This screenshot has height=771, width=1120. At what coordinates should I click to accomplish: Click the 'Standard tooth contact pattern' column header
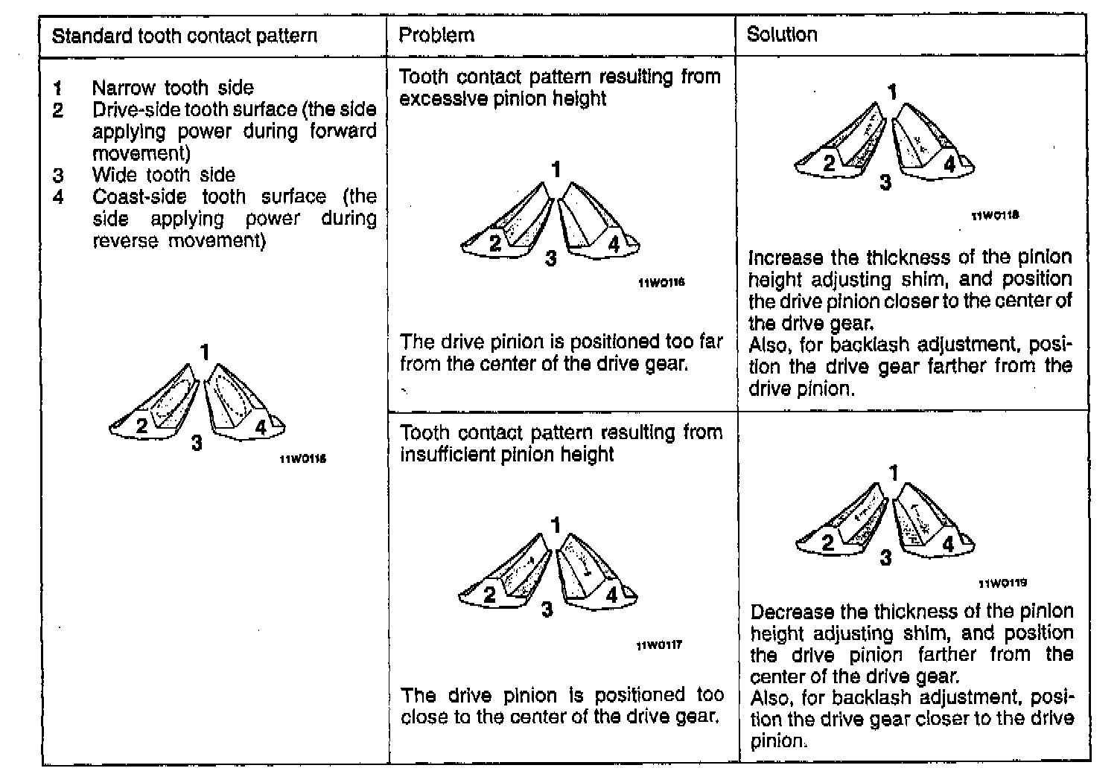click(x=185, y=36)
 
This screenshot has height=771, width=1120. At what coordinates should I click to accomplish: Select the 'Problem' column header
click(x=436, y=35)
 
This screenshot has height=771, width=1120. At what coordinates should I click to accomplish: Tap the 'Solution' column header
click(x=782, y=34)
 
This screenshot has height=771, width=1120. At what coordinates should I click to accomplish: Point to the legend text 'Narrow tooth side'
click(x=173, y=88)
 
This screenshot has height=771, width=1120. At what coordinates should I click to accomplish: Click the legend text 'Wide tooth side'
click(x=164, y=175)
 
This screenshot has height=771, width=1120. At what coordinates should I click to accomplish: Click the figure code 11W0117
click(x=659, y=645)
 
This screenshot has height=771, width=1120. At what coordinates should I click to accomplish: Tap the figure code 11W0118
click(x=996, y=216)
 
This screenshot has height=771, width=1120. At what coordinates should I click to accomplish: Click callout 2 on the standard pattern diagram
click(x=141, y=426)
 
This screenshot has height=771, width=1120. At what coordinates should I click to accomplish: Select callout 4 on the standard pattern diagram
click(x=261, y=426)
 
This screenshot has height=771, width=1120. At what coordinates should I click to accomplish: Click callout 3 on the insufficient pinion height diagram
click(x=547, y=610)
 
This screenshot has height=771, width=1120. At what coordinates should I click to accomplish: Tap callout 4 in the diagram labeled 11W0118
click(x=949, y=164)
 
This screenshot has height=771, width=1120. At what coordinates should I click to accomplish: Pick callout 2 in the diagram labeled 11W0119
click(x=828, y=543)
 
